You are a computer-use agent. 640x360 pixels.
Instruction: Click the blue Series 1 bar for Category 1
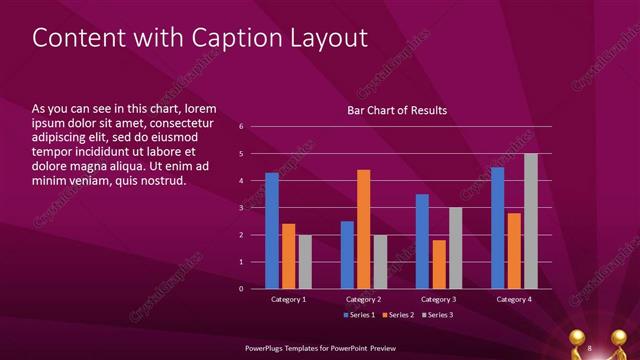point(272,231)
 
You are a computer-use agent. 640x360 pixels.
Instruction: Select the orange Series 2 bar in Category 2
point(363,229)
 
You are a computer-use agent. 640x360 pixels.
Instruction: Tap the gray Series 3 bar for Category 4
point(531,221)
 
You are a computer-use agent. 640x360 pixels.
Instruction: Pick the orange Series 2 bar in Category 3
point(438,264)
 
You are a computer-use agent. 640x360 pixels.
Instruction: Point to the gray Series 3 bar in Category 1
point(305,262)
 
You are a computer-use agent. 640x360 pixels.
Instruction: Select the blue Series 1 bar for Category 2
point(347,255)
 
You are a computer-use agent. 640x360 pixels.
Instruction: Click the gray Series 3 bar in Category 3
point(455,248)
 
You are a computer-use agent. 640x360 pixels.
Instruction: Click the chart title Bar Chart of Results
point(397,110)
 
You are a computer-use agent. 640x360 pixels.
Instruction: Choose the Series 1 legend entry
point(360,316)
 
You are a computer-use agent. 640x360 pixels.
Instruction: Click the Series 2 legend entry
point(397,316)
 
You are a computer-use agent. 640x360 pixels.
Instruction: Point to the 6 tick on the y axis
point(241,127)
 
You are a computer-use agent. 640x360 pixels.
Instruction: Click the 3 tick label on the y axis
point(241,208)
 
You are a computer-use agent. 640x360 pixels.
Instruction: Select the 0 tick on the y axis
point(241,289)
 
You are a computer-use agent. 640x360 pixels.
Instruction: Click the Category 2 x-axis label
point(364,299)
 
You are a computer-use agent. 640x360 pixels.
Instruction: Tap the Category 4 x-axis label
point(514,299)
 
